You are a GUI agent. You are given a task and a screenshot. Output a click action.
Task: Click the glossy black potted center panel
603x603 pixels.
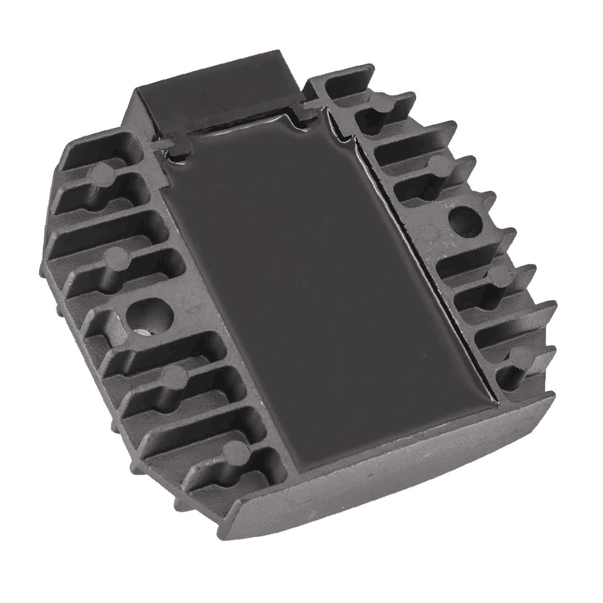(x=322, y=289)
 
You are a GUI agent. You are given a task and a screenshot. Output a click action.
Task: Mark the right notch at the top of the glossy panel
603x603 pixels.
(x=306, y=111)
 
